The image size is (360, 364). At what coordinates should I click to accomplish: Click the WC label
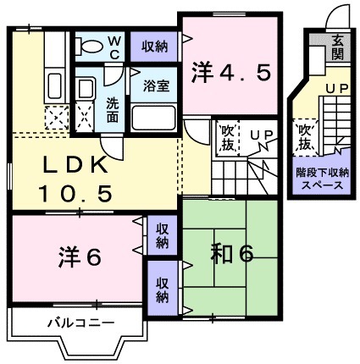pos(114,44)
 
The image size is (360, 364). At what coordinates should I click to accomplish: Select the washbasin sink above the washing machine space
pos(86,88)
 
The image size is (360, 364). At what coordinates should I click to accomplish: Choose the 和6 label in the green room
pos(231,253)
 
